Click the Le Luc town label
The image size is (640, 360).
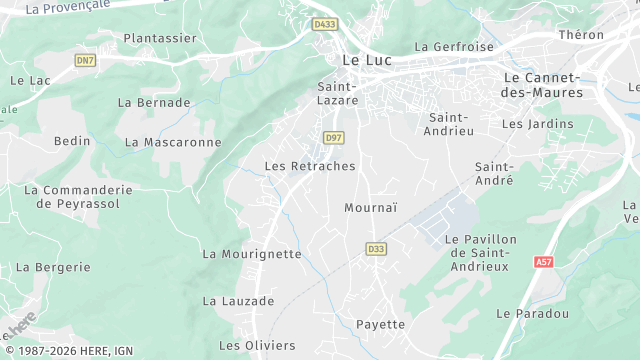pyautogui.click(x=366, y=60)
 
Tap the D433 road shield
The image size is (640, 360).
pyautogui.click(x=324, y=24)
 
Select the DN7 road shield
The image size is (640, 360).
pyautogui.click(x=85, y=61)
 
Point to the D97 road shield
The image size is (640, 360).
pyautogui.click(x=333, y=137)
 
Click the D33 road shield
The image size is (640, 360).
pyautogui.click(x=376, y=249)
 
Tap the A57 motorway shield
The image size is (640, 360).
pyautogui.click(x=543, y=262)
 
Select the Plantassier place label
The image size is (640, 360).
pyautogui.click(x=160, y=38)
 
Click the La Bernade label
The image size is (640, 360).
pyautogui.click(x=154, y=102)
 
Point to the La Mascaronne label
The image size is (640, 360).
pyautogui.click(x=173, y=142)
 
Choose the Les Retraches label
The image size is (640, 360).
pyautogui.click(x=309, y=166)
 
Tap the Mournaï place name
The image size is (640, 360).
pyautogui.click(x=370, y=208)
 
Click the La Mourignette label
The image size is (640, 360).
pyautogui.click(x=251, y=254)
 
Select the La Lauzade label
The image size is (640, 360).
pyautogui.click(x=238, y=300)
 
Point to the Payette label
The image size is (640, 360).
pyautogui.click(x=381, y=324)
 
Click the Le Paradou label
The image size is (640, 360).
pyautogui.click(x=532, y=313)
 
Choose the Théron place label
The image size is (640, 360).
pyautogui.click(x=582, y=35)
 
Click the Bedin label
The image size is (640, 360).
pyautogui.click(x=72, y=141)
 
